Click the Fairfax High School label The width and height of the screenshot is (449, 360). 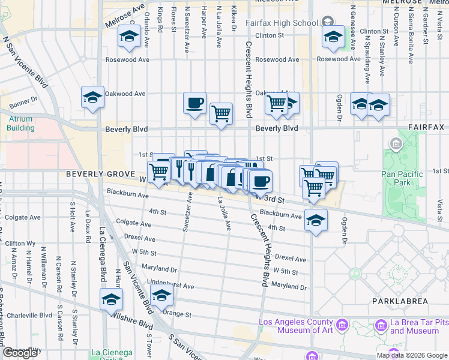pyautogui.click(x=282, y=23)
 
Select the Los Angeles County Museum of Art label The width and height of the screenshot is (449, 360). pyautogui.click(x=295, y=326)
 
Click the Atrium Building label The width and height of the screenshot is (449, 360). pyautogui.click(x=21, y=123)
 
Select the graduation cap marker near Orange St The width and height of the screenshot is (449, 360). pyautogui.click(x=161, y=295)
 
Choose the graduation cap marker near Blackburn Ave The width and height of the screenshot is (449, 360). pyautogui.click(x=316, y=221)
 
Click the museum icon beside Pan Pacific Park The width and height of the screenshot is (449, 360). pyautogui.click(x=396, y=144)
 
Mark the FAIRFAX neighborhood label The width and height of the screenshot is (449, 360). pyautogui.click(x=426, y=128)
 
